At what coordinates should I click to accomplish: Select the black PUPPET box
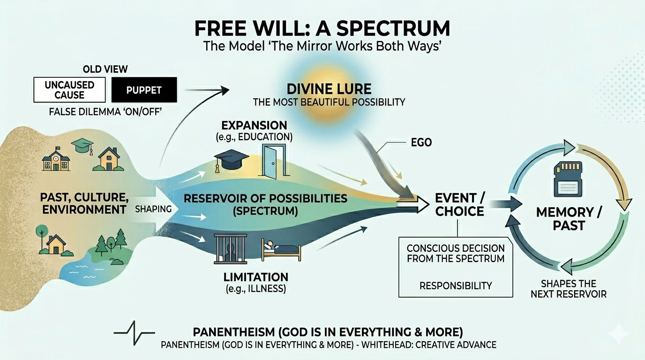144,90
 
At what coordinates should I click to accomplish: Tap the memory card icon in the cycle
568,179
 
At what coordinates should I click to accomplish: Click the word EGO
421,142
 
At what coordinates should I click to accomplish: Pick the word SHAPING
154,209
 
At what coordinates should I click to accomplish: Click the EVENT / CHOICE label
459,204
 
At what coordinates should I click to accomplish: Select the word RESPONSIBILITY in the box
456,285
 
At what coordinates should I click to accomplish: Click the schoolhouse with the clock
56,160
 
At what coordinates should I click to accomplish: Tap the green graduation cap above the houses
82,146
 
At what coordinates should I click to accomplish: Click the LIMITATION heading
255,277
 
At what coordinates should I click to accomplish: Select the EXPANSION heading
254,126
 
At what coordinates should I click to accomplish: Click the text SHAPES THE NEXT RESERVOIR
568,289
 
